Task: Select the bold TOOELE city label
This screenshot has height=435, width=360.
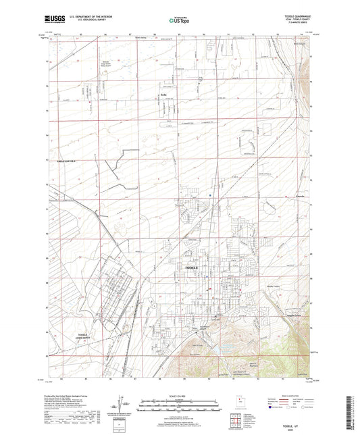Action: pos(192,268)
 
